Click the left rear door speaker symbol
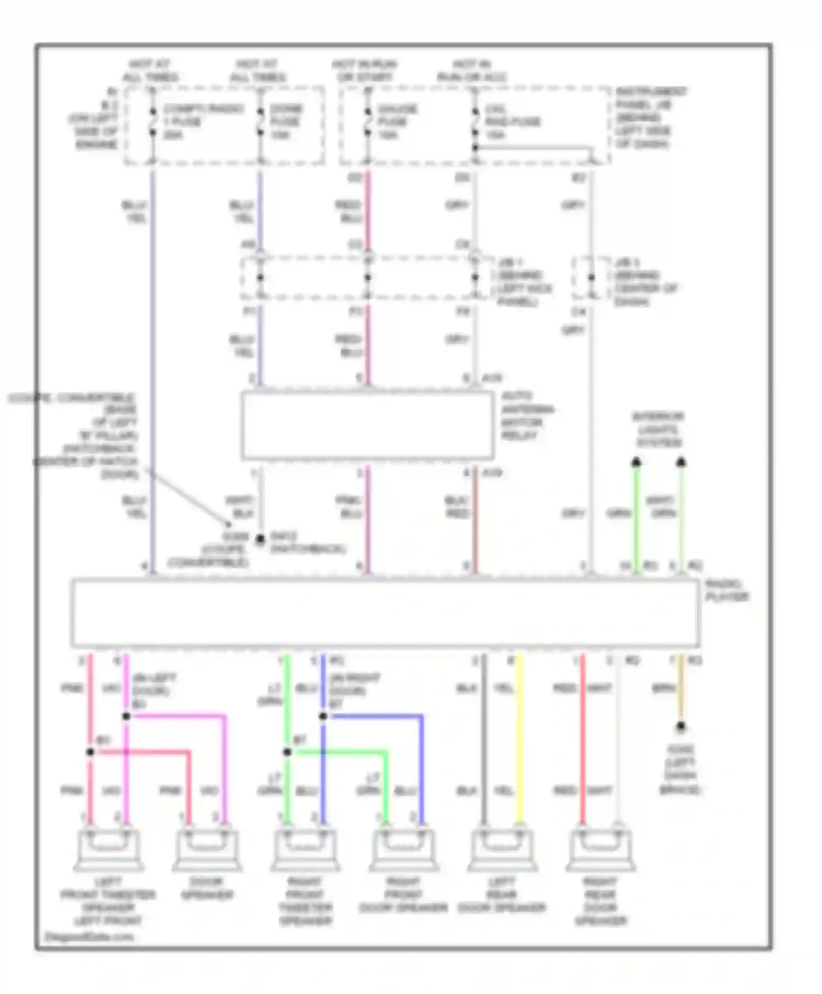click(x=502, y=850)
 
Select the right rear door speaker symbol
click(x=601, y=850)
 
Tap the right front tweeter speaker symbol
click(x=305, y=850)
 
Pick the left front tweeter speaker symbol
click(x=108, y=850)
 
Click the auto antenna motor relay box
click(x=367, y=426)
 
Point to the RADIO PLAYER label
click(x=727, y=590)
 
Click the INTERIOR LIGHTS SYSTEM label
click(x=658, y=430)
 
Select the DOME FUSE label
click(x=286, y=122)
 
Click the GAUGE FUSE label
click(x=397, y=122)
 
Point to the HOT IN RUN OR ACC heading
click(x=471, y=71)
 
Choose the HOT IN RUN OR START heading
click(x=364, y=71)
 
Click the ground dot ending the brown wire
click(x=681, y=727)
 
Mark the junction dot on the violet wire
click(x=126, y=716)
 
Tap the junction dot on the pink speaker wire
click(x=90, y=752)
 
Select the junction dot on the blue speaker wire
click(x=323, y=716)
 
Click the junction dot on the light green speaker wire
click(x=288, y=752)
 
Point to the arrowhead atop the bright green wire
click(x=636, y=462)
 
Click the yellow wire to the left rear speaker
click(x=520, y=740)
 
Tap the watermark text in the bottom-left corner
click(x=89, y=936)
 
